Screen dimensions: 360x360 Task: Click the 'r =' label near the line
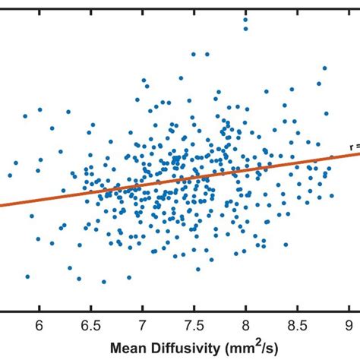point(354,147)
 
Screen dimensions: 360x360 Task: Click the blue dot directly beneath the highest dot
point(245,29)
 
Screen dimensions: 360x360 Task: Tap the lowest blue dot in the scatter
point(104,282)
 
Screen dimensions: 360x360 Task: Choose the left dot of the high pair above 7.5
point(194,54)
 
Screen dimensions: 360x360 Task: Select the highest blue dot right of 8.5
point(324,68)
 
